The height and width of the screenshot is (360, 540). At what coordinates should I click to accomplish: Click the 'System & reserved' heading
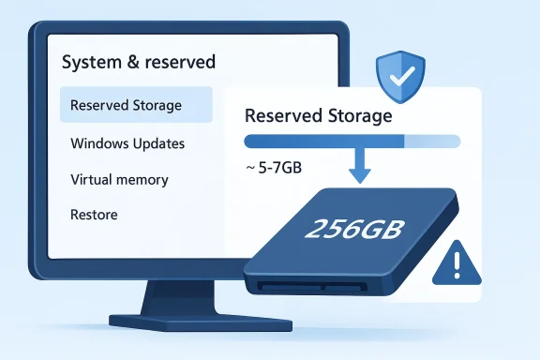(x=138, y=63)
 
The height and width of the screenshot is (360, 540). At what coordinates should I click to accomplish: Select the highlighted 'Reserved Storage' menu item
(x=126, y=105)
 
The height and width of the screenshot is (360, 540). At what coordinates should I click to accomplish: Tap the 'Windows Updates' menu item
(x=127, y=143)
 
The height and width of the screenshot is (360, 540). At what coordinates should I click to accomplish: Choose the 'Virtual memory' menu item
(x=119, y=179)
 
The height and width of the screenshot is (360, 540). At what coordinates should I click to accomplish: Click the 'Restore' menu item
(x=94, y=215)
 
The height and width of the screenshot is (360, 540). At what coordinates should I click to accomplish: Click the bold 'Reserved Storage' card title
(x=318, y=117)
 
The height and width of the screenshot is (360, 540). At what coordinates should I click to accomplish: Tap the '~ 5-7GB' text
(x=274, y=170)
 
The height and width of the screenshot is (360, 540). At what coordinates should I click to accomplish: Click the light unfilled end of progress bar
(x=432, y=142)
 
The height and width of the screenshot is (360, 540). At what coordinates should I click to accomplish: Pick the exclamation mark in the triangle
(x=457, y=266)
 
